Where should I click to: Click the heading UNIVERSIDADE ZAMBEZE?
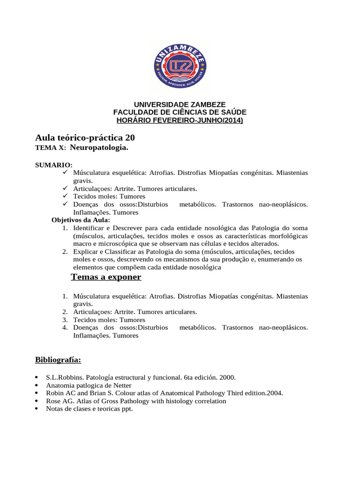click(x=180, y=105)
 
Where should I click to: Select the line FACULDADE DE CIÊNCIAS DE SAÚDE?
click(x=180, y=112)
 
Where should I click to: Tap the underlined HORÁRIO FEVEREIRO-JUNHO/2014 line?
click(x=180, y=120)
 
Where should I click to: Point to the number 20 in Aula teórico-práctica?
click(x=130, y=138)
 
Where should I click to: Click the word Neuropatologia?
click(x=98, y=148)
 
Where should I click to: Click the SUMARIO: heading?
click(x=54, y=165)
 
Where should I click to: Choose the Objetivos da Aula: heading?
click(x=81, y=220)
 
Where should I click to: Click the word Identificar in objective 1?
click(x=89, y=228)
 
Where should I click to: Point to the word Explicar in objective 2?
click(x=86, y=252)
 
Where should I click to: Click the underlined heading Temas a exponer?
click(x=106, y=277)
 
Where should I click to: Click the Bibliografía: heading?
click(x=58, y=360)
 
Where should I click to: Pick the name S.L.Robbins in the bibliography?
click(x=63, y=377)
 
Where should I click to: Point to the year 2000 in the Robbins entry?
click(x=227, y=377)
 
